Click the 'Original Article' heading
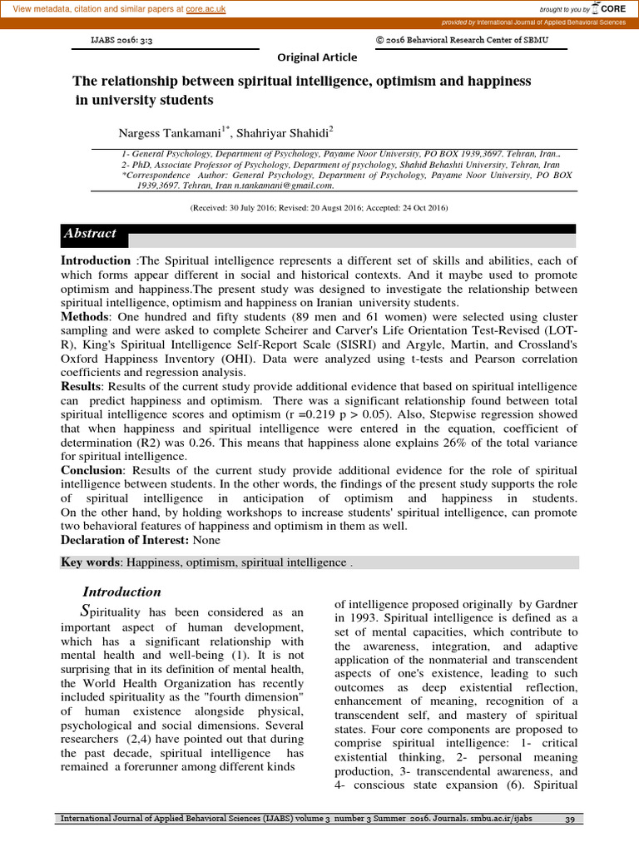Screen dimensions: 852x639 coord(317,57)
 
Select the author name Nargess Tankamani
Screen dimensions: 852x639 coord(171,133)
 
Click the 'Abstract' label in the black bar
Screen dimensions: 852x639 coord(90,234)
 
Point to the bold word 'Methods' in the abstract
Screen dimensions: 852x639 coord(84,317)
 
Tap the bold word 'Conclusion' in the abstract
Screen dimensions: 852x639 coord(92,470)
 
